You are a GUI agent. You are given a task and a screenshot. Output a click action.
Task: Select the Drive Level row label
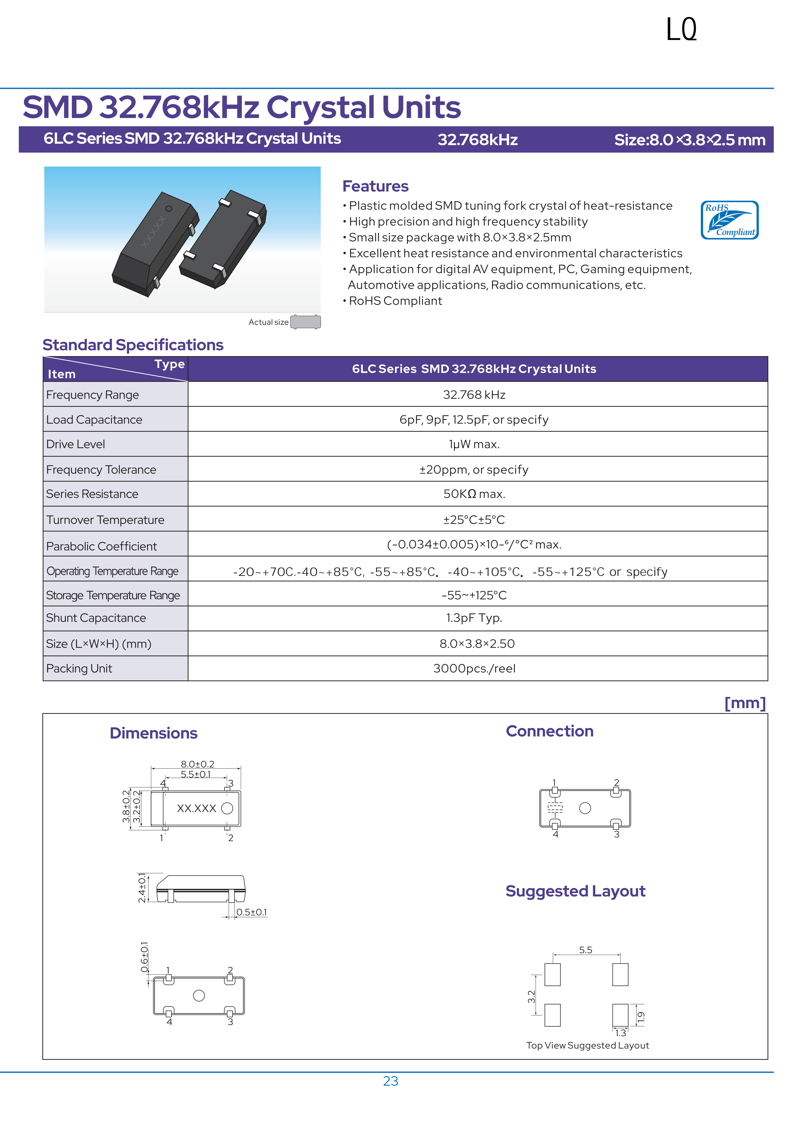[76, 444]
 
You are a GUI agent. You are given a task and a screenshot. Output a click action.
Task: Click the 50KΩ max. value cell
[474, 494]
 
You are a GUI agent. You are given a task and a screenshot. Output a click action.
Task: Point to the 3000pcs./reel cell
[474, 668]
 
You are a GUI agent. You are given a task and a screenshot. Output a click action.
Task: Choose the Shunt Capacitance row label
[96, 618]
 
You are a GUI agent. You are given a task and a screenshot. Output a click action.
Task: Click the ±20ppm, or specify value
[474, 470]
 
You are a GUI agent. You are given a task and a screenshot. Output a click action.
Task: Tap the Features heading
[375, 186]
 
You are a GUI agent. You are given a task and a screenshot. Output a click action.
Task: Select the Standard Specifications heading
[133, 345]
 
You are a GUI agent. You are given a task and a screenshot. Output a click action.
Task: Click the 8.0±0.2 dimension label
[197, 764]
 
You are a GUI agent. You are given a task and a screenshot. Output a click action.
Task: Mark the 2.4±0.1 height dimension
[142, 888]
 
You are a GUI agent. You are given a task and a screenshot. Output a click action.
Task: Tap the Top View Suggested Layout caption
[587, 1045]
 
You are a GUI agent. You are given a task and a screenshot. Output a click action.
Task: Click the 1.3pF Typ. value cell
[474, 618]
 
